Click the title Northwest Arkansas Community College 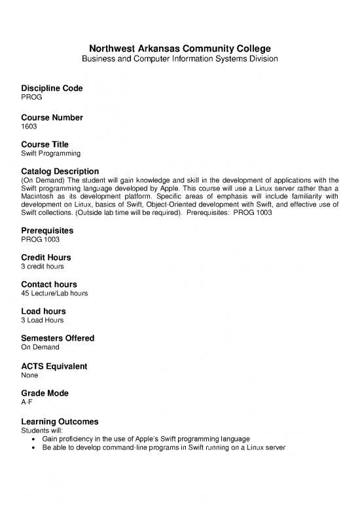click(x=180, y=48)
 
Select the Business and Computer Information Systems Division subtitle click(x=180, y=60)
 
